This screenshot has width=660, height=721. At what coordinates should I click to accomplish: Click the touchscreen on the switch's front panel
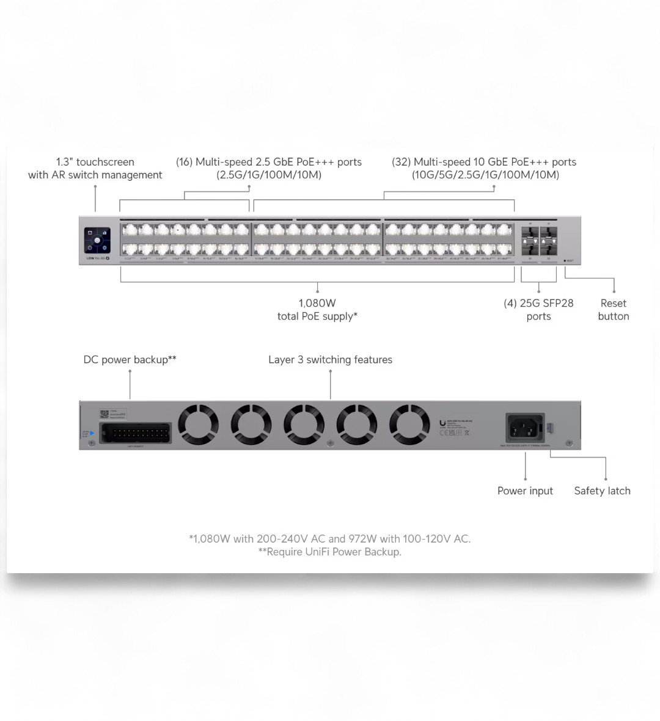coord(97,240)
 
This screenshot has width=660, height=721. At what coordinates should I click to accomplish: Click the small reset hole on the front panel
coord(565,261)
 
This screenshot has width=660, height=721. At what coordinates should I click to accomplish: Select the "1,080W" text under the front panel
coord(317,303)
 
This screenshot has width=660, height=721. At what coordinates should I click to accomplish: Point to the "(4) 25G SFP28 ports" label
coord(538,310)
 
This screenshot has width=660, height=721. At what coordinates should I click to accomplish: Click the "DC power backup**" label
coord(130,360)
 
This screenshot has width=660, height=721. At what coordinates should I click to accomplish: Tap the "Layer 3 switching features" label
coord(330,360)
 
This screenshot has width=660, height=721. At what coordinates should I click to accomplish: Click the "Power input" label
coord(525,491)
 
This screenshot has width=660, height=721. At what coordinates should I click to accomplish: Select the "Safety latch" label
coord(602,491)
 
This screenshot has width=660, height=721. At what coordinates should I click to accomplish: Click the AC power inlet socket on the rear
coord(525,426)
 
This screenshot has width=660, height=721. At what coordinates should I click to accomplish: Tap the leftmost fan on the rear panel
coord(199,425)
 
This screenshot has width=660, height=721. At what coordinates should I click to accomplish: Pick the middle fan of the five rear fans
coord(304,425)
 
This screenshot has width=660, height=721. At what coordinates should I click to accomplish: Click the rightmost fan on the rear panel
coord(409,425)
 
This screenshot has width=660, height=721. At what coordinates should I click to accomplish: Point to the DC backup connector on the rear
coord(134,432)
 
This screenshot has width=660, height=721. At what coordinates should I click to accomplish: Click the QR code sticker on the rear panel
coord(104,412)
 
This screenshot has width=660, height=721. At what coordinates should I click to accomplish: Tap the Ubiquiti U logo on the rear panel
coord(442,422)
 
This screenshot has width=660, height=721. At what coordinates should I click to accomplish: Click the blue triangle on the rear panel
coord(92,433)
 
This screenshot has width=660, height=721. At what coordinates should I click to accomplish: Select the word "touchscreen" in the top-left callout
coord(105,162)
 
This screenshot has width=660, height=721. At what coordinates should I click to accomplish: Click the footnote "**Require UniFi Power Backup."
coord(330,552)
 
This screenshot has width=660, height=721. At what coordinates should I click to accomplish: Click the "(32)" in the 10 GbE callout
coord(401,162)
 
